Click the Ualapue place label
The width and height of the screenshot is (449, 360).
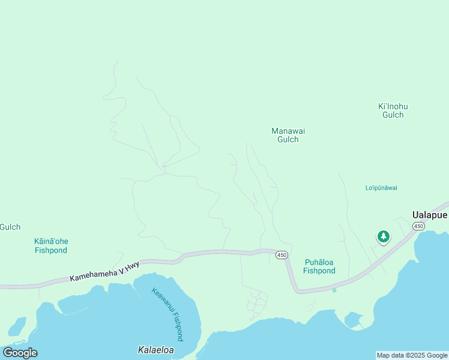tap(429, 214)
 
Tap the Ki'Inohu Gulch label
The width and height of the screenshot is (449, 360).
tap(393, 110)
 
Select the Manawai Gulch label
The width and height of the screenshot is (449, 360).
tap(285, 135)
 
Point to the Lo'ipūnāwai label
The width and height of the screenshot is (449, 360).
tap(381, 188)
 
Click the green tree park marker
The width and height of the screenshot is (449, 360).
tap(383, 236)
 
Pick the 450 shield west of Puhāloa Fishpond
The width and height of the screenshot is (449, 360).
tap(282, 255)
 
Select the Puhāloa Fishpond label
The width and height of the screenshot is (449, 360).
tap(319, 266)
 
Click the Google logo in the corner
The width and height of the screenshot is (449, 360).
tap(20, 353)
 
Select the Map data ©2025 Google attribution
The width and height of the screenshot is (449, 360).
tap(412, 355)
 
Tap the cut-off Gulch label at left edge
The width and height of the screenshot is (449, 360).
tap(10, 227)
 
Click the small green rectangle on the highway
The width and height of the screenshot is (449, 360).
tap(334, 290)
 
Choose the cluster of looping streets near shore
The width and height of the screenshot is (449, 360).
tap(258, 303)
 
